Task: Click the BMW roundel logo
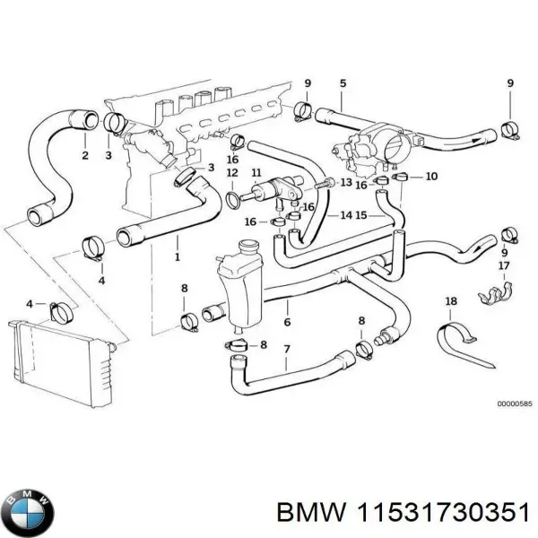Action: point(29,512)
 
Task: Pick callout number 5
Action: point(342,83)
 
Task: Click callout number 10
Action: point(431,177)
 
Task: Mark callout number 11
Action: point(256,172)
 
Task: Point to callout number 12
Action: point(231,172)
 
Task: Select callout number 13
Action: point(346,182)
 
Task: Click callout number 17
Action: point(504,266)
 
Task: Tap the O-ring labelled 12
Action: point(233,196)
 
